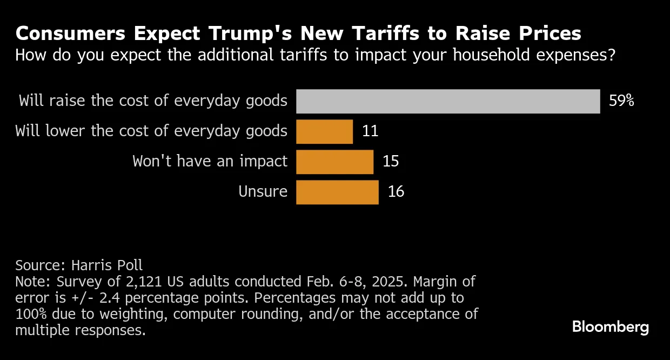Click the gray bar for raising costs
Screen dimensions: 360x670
click(x=448, y=101)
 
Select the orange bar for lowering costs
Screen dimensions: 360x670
click(x=324, y=131)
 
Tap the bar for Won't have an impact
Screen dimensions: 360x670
click(x=334, y=162)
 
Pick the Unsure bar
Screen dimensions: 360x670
click(x=337, y=192)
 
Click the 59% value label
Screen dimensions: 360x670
click(x=621, y=101)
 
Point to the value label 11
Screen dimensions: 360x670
click(x=370, y=131)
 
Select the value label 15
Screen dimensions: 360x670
click(x=391, y=162)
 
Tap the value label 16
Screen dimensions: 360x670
click(x=396, y=192)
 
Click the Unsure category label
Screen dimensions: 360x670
click(x=263, y=192)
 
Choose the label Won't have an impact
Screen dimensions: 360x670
click(x=210, y=162)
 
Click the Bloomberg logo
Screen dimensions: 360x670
click(x=611, y=327)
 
